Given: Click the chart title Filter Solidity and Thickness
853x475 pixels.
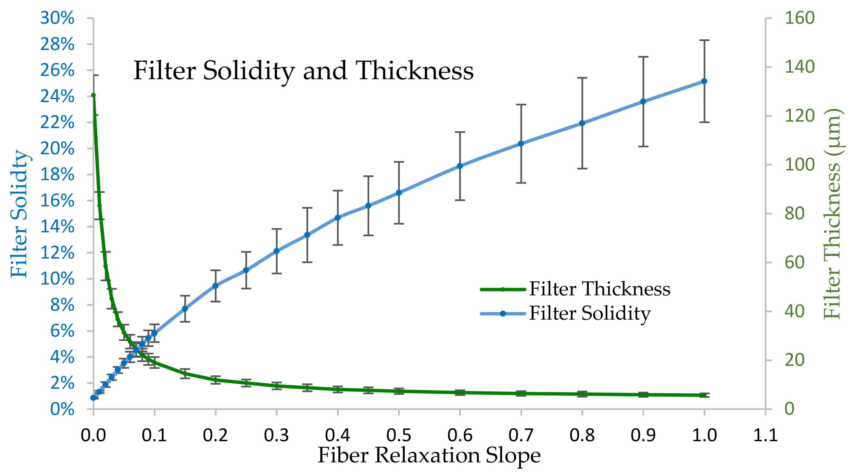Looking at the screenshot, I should [x=303, y=71].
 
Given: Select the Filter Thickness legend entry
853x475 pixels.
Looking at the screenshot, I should [x=599, y=289].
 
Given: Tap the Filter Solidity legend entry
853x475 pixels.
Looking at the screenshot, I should [x=589, y=313].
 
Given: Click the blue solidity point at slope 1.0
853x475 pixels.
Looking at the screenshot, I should [x=704, y=81].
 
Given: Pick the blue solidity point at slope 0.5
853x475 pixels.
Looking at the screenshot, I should [x=399, y=193].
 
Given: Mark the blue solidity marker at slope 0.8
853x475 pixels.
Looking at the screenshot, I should [x=582, y=123].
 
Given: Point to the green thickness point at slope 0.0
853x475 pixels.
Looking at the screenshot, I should [x=93, y=95].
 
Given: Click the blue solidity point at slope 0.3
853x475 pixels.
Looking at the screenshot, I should [x=276, y=251].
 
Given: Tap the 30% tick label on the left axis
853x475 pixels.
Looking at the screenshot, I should [x=57, y=18].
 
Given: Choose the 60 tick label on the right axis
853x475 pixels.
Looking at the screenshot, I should [x=794, y=262].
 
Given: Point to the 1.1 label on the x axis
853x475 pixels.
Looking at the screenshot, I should [x=765, y=435].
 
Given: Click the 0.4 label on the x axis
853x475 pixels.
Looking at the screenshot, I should [x=337, y=435].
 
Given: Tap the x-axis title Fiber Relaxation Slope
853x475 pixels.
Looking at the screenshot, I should [x=429, y=456].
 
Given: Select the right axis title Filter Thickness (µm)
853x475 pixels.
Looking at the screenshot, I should [x=832, y=213].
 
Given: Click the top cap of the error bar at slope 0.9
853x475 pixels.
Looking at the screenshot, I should [x=643, y=57].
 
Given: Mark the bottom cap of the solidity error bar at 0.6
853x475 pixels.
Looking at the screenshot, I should [x=460, y=200].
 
